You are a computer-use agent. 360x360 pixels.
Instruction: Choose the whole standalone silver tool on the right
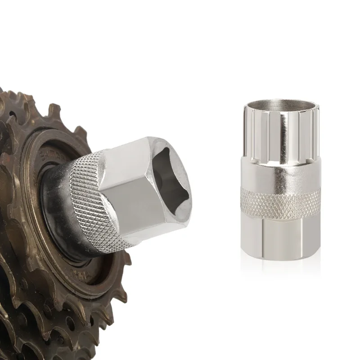click(281, 180)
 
